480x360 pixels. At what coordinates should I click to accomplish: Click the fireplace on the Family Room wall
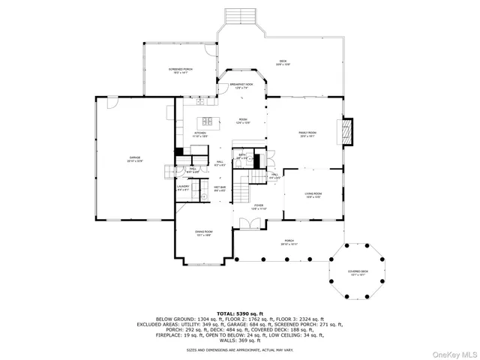[346, 133]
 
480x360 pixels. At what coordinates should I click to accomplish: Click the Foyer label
[258, 206]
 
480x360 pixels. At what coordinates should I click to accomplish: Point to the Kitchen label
[200, 135]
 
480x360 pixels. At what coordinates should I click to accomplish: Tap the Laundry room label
[184, 189]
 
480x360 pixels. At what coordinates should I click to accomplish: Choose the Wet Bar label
[220, 188]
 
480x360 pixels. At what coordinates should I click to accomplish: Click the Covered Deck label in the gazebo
[358, 274]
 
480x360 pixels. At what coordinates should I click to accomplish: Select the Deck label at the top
[283, 62]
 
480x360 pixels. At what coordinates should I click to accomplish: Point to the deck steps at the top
[240, 16]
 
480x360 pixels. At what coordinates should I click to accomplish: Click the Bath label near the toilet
[242, 157]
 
